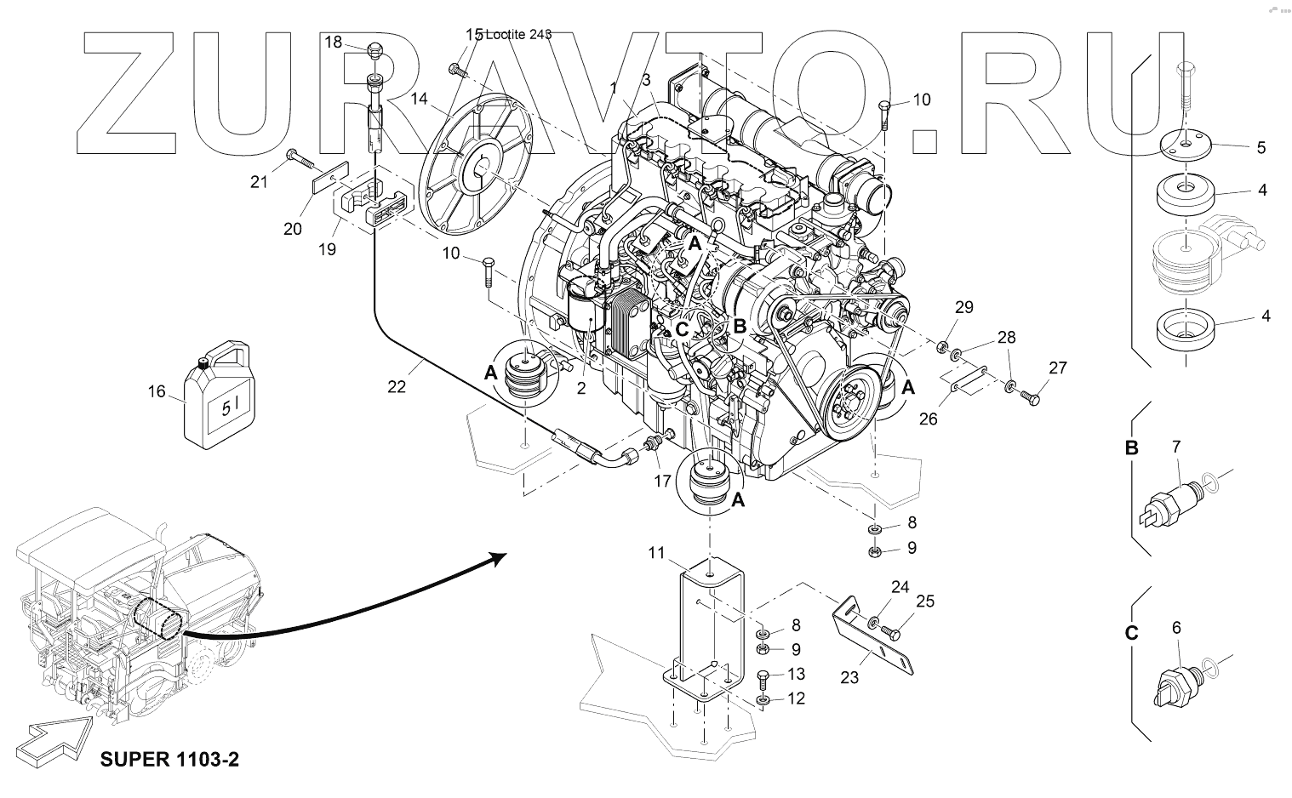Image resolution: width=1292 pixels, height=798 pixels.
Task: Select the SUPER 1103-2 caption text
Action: click(x=169, y=758)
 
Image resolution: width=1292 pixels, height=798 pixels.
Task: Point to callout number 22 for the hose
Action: click(x=396, y=386)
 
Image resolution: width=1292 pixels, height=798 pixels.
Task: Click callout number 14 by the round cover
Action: click(x=418, y=98)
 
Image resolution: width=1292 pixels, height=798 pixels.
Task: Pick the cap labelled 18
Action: click(x=375, y=53)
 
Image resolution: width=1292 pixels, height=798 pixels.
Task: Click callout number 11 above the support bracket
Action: click(x=655, y=553)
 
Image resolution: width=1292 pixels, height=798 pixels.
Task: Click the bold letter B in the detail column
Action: click(x=1132, y=447)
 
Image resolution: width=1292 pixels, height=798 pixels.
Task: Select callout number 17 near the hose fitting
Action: click(x=661, y=480)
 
